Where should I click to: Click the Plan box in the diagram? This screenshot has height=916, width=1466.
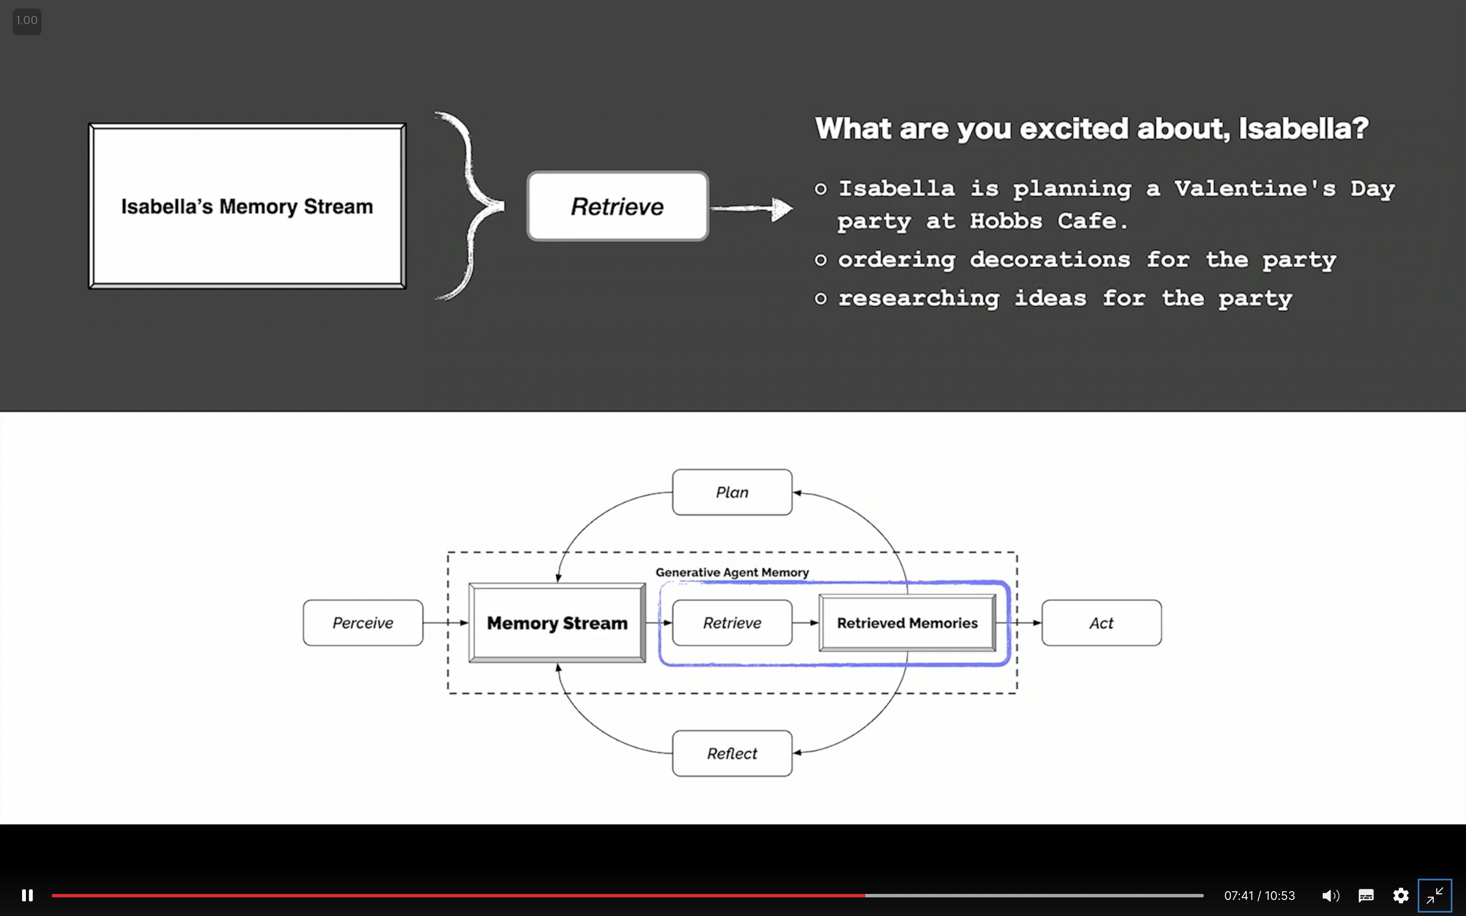[732, 492]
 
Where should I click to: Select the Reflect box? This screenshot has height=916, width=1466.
[732, 753]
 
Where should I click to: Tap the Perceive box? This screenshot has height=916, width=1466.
[363, 623]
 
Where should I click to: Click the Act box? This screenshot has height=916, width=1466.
[1101, 623]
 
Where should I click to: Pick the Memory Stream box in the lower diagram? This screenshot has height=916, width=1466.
[557, 623]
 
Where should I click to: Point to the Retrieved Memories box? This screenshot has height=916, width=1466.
[907, 623]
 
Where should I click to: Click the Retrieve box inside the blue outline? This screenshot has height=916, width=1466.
[732, 623]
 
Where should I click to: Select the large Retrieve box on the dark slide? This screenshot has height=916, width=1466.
[617, 207]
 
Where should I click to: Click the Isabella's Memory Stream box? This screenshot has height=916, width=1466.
[247, 207]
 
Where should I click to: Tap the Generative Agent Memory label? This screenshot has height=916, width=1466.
[732, 572]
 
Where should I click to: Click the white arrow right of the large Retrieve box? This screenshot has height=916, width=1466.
[751, 209]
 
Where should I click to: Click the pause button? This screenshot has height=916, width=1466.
[27, 895]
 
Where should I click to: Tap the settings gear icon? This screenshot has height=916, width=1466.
[1401, 895]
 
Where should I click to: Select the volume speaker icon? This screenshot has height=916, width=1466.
[1330, 895]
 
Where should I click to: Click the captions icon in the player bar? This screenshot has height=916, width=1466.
[1366, 895]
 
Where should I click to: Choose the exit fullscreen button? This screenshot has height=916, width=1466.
[1435, 895]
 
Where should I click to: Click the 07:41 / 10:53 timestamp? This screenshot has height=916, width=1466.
[1259, 895]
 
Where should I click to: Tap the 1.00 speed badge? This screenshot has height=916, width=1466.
[27, 21]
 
